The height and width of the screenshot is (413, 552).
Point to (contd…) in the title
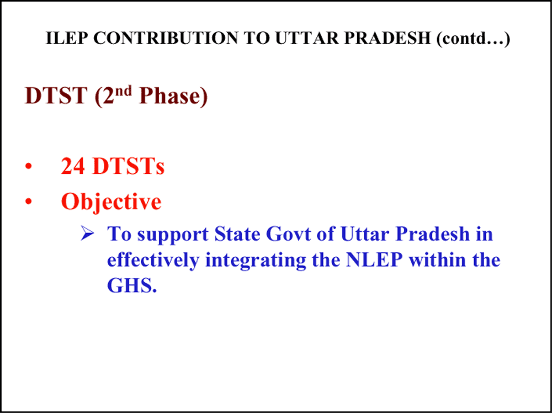tap(473, 39)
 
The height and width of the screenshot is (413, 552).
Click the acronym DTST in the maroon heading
tap(56, 96)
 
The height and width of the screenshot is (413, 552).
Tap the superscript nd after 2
tap(124, 91)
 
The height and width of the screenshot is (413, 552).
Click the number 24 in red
tap(73, 166)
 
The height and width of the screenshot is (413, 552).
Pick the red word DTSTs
tap(128, 166)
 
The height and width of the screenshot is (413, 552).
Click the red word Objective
tap(112, 202)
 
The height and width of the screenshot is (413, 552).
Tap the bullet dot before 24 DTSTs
tap(29, 167)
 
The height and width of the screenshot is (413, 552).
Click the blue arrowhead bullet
tap(87, 234)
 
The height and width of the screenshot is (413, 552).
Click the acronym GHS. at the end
tap(132, 285)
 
